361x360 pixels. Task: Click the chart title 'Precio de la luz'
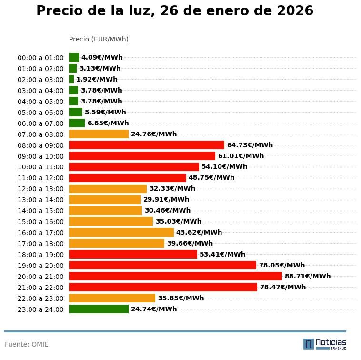tap(175, 11)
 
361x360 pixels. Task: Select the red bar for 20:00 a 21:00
tap(175, 276)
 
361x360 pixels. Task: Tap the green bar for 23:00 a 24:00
tap(99, 309)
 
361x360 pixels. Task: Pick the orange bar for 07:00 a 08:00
tap(99, 134)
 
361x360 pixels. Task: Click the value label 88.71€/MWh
tap(307, 276)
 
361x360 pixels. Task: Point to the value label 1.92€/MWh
tap(97, 80)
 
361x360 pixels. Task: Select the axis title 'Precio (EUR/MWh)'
tap(99, 39)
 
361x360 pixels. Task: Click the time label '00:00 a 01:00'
tap(40, 58)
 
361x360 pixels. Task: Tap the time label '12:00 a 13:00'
tap(40, 189)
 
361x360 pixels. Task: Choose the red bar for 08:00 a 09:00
tap(147, 145)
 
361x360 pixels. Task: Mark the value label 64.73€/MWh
tap(250, 145)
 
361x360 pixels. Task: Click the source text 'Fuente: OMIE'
tap(27, 344)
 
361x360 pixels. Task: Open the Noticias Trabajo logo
tap(325, 344)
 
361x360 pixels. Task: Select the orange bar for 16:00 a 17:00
tap(121, 233)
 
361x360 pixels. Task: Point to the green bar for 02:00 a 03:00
tap(71, 80)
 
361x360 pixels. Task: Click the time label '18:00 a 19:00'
tap(40, 255)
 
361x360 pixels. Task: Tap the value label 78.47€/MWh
tap(282, 287)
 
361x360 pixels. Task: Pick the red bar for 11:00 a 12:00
tap(128, 178)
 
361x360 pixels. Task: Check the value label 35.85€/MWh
tap(180, 298)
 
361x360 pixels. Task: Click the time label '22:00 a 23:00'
tap(40, 298)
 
